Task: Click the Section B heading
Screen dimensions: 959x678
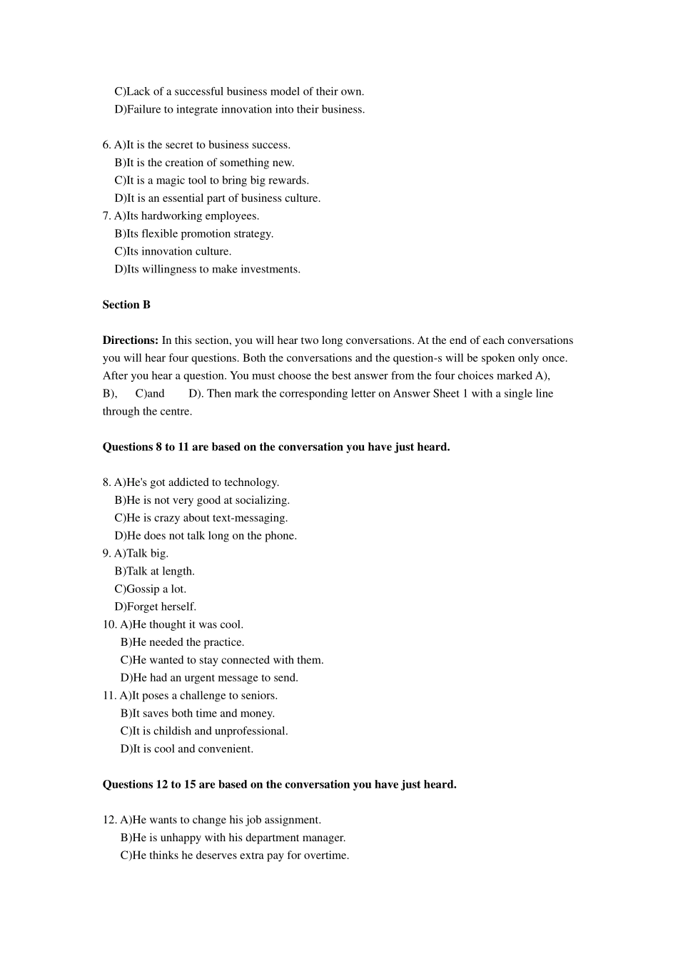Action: [x=126, y=305]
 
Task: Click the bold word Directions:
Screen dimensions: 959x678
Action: [x=130, y=340]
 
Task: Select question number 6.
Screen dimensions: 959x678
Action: [x=106, y=145]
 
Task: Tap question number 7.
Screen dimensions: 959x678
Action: [x=106, y=215]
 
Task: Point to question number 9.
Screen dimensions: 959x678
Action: [x=106, y=553]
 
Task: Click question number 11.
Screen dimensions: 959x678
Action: [x=109, y=695]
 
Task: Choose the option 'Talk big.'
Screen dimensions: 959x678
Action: [x=147, y=553]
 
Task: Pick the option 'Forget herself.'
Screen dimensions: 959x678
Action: [x=161, y=607]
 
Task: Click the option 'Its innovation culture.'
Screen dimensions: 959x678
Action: [x=178, y=251]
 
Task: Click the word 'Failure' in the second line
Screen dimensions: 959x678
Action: [x=144, y=109]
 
